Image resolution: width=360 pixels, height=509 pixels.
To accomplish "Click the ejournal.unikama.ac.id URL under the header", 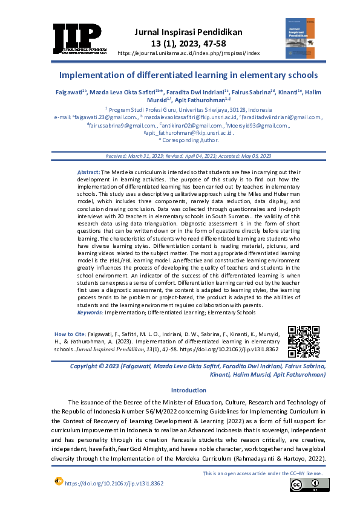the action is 188,53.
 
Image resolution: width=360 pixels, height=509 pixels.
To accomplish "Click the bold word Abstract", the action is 89,173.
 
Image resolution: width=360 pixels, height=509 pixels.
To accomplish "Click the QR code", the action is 303,342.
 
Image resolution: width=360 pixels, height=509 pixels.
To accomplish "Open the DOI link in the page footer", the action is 114,484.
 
